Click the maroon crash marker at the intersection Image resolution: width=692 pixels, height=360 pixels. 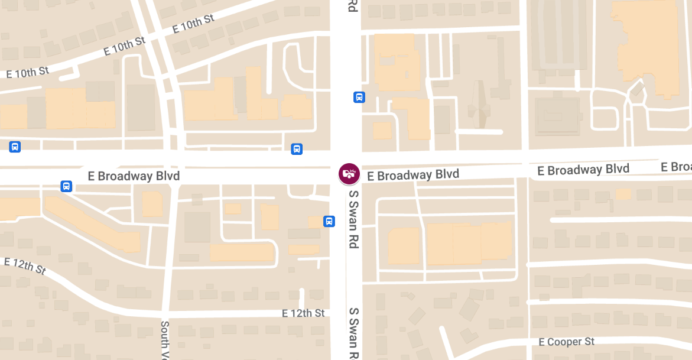click(x=349, y=174)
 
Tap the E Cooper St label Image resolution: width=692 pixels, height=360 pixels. click(x=566, y=342)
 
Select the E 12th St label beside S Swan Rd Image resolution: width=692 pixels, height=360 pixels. click(x=303, y=313)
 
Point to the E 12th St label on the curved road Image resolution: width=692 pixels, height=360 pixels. click(x=25, y=266)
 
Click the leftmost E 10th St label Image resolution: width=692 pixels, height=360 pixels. click(x=27, y=73)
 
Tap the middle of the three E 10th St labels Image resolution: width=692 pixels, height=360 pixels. click(x=124, y=46)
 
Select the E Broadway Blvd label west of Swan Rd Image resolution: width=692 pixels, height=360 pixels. click(x=134, y=176)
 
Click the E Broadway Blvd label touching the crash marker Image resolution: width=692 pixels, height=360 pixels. click(x=412, y=175)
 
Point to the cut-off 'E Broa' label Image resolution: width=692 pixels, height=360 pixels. click(x=676, y=167)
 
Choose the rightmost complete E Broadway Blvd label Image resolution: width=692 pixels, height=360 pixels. click(x=583, y=170)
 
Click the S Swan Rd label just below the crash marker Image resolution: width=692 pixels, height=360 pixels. click(x=353, y=219)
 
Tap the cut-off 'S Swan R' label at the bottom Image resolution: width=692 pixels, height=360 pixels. click(x=353, y=334)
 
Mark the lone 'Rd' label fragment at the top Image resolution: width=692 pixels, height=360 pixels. click(x=353, y=6)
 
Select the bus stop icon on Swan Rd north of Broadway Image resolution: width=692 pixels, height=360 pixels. click(x=359, y=97)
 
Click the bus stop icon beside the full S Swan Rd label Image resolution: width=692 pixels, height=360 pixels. click(x=329, y=221)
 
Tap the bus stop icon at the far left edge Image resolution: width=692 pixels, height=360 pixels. click(x=15, y=146)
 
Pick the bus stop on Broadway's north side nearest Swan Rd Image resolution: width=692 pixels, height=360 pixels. click(x=297, y=149)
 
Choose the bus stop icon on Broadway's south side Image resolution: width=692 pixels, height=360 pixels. click(x=66, y=186)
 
